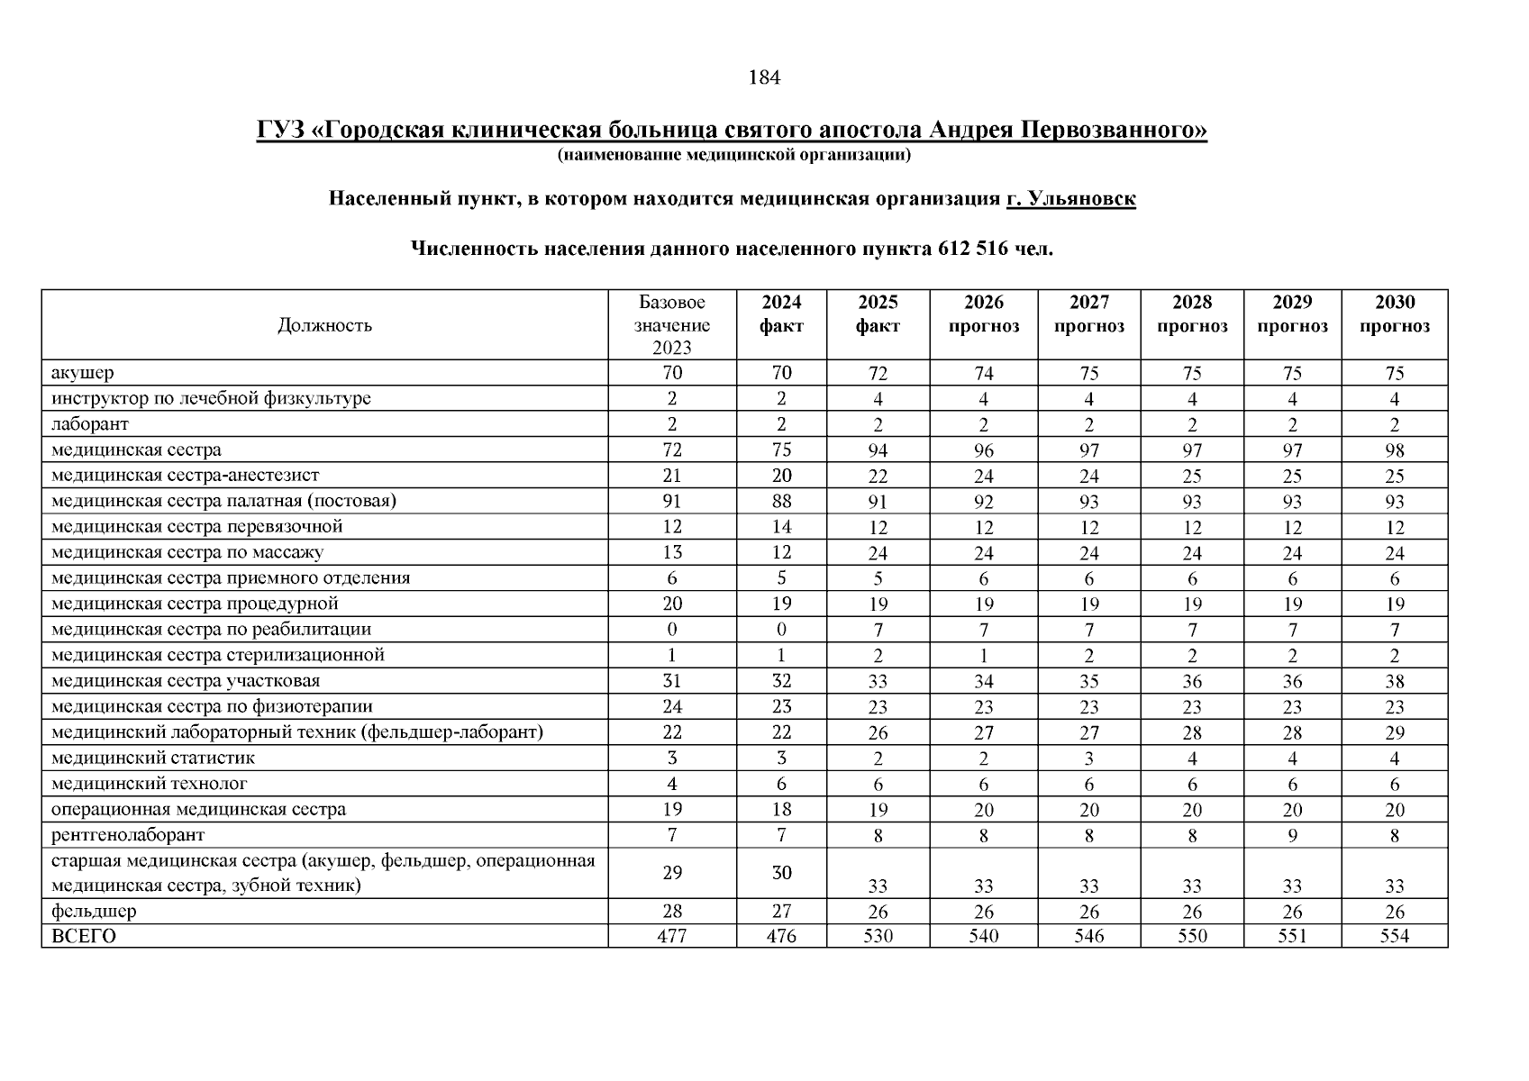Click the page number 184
[x=763, y=77]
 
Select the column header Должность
[x=324, y=325]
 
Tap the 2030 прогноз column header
[x=1394, y=313]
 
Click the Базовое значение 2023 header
[x=671, y=325]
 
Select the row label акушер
[x=83, y=372]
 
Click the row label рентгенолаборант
[x=128, y=835]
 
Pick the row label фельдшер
[x=94, y=911]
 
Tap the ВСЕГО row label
[x=84, y=936]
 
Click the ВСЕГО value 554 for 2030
[x=1394, y=936]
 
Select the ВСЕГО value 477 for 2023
[x=671, y=936]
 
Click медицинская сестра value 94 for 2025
[x=878, y=450]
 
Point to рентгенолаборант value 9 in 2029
[x=1292, y=836]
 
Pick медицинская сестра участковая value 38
[x=1394, y=682]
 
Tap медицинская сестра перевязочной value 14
[x=781, y=527]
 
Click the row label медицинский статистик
[x=153, y=759]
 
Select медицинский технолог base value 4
[x=671, y=784]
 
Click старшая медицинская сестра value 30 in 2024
[x=781, y=872]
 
